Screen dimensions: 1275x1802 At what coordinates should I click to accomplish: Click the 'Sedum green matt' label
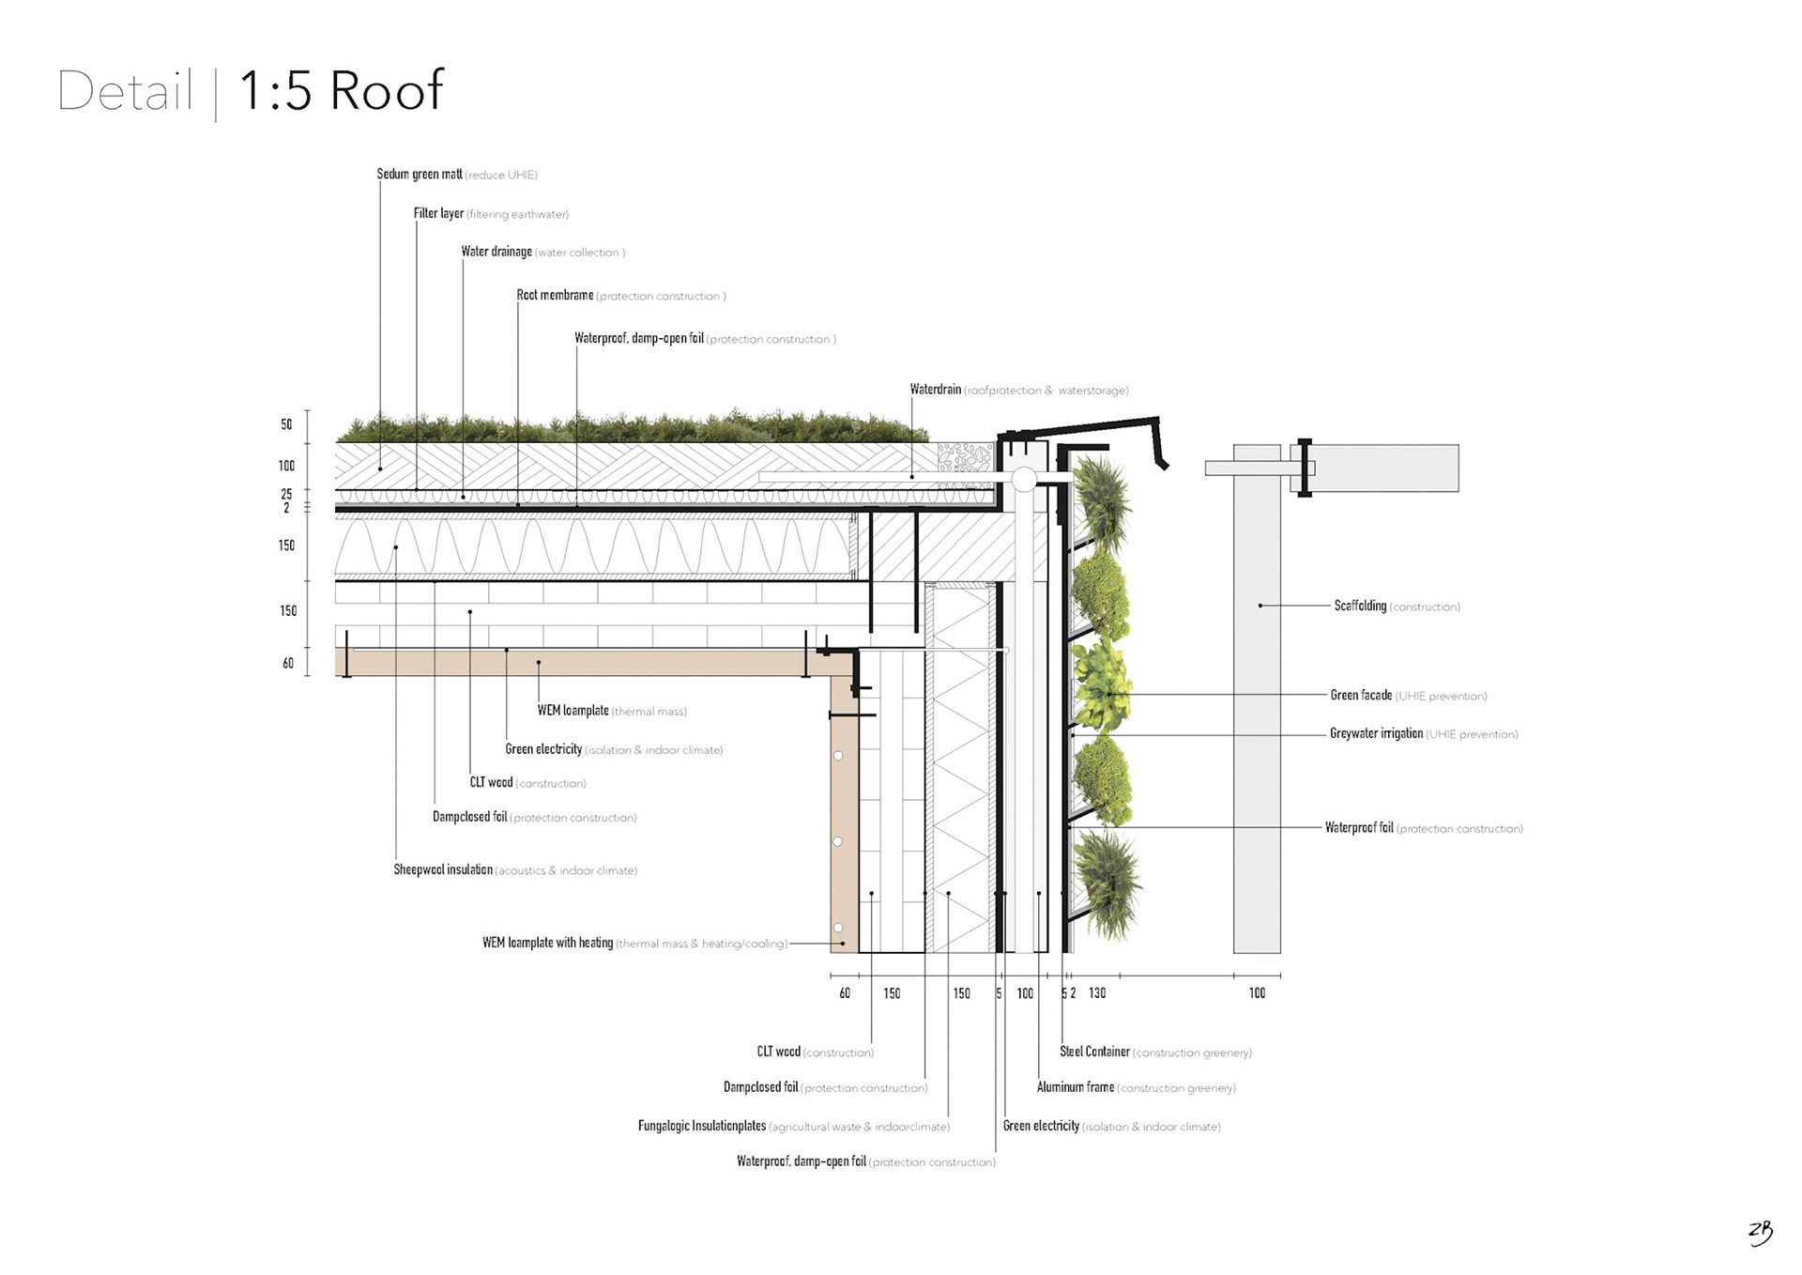[x=420, y=175]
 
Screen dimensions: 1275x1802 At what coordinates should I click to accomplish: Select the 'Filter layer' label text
[x=438, y=214]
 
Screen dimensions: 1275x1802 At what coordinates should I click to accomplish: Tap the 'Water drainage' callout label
[x=496, y=252]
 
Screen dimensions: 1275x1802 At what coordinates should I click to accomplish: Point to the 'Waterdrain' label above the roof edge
[x=936, y=390]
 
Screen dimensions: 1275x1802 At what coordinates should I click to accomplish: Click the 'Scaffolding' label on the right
[x=1360, y=607]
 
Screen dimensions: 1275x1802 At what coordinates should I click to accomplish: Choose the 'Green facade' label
[x=1361, y=696]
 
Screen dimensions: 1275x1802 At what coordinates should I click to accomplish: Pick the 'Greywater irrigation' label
[x=1376, y=734]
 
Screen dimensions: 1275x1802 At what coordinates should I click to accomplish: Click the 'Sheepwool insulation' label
[x=443, y=870]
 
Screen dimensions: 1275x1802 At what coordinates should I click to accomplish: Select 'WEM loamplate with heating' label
[x=547, y=943]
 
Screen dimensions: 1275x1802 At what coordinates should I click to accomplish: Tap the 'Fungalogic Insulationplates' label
[x=702, y=1126]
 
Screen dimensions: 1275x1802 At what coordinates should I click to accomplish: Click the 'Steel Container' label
[x=1094, y=1052]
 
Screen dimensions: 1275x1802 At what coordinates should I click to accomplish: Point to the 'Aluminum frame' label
[x=1076, y=1087]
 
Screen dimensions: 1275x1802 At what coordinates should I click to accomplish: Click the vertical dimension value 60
[x=288, y=664]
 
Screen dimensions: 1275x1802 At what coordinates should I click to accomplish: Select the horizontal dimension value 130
[x=1097, y=993]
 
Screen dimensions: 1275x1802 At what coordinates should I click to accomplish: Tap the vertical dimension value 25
[x=286, y=494]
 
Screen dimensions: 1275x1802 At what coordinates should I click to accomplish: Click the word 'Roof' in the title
[x=387, y=91]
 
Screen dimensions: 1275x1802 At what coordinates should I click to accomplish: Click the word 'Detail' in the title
[x=125, y=91]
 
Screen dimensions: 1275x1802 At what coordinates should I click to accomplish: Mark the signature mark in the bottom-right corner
[x=1761, y=1232]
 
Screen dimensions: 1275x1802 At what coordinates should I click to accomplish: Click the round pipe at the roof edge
[x=1023, y=480]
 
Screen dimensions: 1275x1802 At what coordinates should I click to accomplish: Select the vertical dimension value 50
[x=286, y=424]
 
